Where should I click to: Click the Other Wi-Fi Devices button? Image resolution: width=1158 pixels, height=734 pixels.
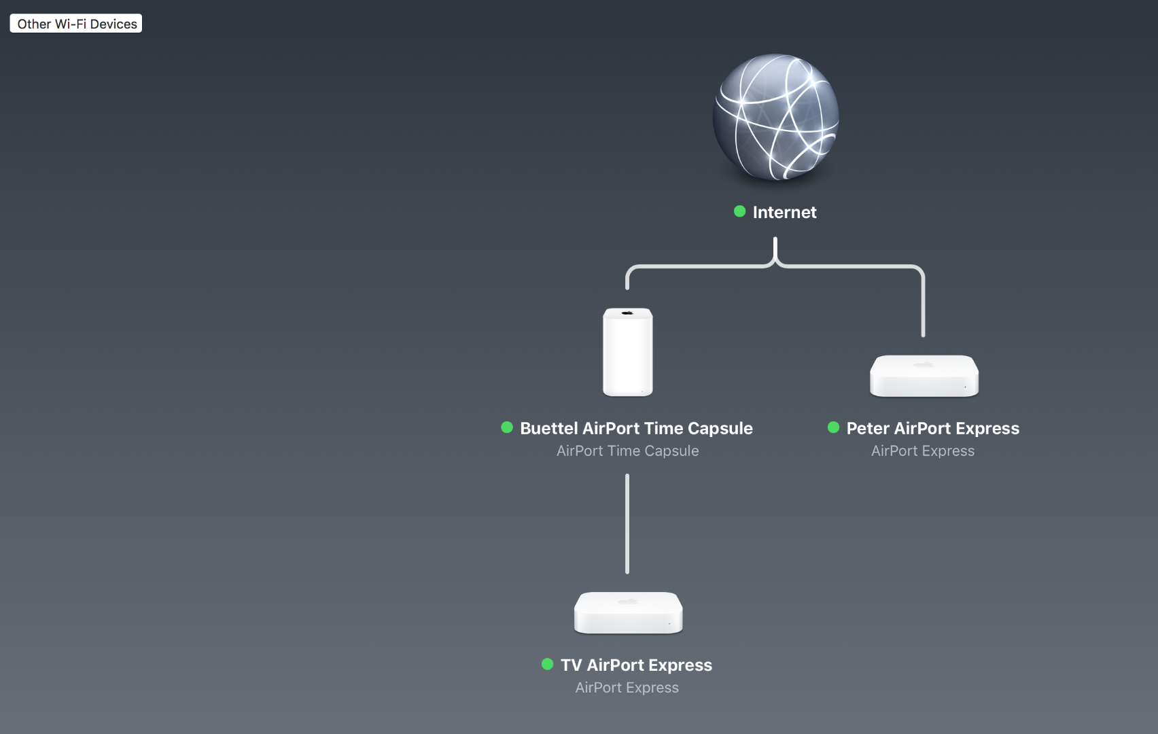[76, 24]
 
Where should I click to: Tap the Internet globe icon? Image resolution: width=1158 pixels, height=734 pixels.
[775, 117]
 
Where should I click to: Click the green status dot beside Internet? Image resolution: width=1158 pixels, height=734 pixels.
[740, 211]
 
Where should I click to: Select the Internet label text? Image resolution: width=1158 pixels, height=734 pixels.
[784, 212]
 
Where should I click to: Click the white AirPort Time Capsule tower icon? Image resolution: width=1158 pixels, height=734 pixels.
[627, 353]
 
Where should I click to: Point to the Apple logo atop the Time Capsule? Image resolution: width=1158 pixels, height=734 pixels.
[627, 313]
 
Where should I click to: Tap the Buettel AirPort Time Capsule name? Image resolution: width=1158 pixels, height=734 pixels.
[636, 428]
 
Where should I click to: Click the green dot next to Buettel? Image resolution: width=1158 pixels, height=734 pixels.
[507, 427]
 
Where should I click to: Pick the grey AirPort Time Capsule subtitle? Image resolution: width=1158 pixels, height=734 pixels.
[627, 451]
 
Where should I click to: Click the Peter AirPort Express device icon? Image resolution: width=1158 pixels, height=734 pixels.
[924, 376]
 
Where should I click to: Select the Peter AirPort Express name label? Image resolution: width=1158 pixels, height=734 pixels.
[932, 428]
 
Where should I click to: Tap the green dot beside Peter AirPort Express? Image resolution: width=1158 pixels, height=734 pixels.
[834, 427]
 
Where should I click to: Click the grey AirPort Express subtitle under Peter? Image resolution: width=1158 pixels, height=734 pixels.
[923, 451]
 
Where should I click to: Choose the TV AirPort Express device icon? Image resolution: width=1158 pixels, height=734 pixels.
[628, 612]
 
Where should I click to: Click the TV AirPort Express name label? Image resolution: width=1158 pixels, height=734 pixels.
[636, 665]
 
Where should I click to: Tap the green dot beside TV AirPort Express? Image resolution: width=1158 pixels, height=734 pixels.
[548, 664]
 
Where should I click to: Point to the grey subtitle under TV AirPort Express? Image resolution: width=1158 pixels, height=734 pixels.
[627, 687]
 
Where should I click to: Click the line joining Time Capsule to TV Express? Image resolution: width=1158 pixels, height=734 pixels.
[627, 523]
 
